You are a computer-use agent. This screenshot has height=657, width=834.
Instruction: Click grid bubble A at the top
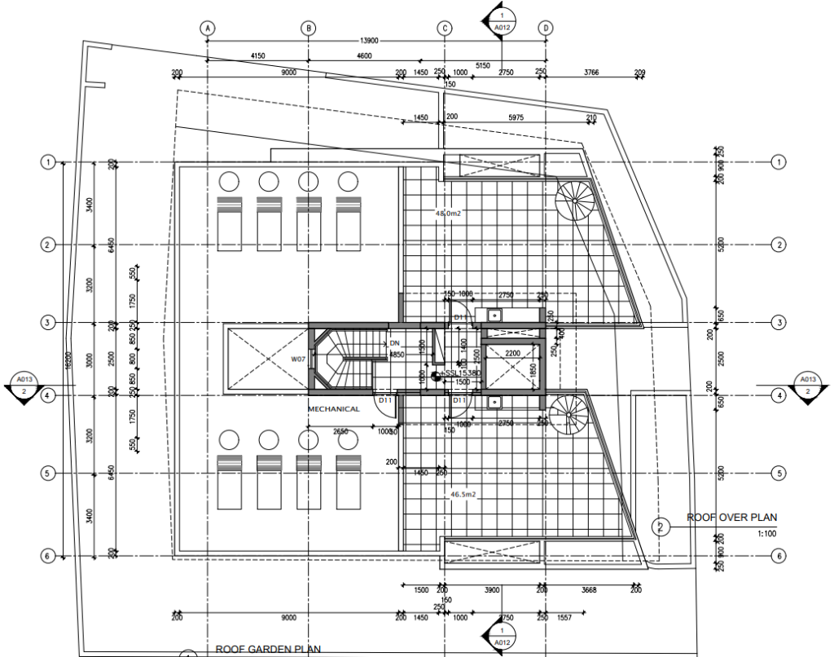click(208, 28)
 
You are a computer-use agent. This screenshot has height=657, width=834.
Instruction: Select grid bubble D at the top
click(546, 28)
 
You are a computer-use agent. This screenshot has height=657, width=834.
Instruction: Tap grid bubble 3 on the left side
click(48, 323)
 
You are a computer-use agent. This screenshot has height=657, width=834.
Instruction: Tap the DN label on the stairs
click(395, 344)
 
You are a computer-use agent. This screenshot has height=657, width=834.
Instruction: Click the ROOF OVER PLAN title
click(732, 517)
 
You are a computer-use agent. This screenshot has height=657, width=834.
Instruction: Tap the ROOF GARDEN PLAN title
click(269, 650)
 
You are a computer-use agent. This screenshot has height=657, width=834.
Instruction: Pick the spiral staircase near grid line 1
click(577, 201)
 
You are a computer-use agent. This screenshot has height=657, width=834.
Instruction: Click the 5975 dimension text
click(516, 117)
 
